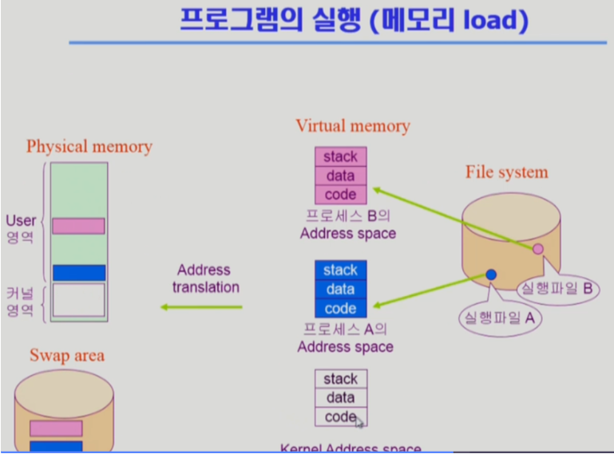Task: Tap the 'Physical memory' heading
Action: point(89,147)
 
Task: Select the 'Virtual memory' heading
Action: point(352,126)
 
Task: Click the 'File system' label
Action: point(506,172)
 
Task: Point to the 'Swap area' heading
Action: point(67,356)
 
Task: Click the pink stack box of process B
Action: point(340,156)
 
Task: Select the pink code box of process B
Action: point(340,195)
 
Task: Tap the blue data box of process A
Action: point(340,290)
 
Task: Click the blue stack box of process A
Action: point(340,270)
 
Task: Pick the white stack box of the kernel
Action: point(340,379)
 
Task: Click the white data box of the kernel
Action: point(340,398)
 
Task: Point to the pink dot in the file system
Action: point(538,249)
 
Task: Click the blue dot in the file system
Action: point(491,274)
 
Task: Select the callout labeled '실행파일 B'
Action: point(556,288)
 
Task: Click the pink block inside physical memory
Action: point(78,226)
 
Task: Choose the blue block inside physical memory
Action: point(78,273)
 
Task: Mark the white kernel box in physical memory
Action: point(78,300)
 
